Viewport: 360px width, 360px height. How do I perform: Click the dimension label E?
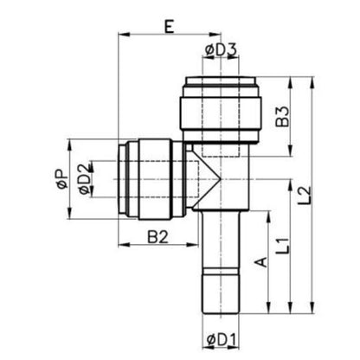[x=170, y=27]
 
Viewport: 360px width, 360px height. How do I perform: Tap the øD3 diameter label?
[x=221, y=50]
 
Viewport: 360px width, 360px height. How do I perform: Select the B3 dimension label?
[x=282, y=117]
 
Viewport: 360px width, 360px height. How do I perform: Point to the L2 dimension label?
[x=305, y=196]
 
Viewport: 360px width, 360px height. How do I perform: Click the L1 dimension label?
[x=282, y=246]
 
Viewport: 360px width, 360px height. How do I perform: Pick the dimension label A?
[x=261, y=262]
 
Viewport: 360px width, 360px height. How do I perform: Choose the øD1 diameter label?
[x=222, y=341]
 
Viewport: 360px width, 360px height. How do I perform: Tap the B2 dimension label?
[x=157, y=237]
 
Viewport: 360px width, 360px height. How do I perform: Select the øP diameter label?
[x=62, y=179]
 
